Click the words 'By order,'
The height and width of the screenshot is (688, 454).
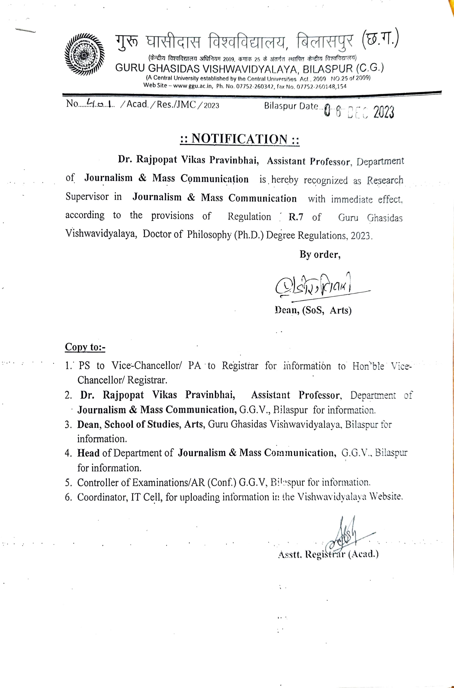coord(320,255)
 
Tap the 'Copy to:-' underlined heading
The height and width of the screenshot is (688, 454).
coord(85,347)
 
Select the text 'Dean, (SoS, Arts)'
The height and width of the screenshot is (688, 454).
coord(312,310)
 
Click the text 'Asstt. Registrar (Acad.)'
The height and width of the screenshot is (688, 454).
coord(328,554)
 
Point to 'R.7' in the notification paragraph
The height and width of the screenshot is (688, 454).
coord(296,217)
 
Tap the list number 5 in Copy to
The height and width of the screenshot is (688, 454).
coord(68,483)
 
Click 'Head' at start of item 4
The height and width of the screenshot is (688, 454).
coord(88,453)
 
